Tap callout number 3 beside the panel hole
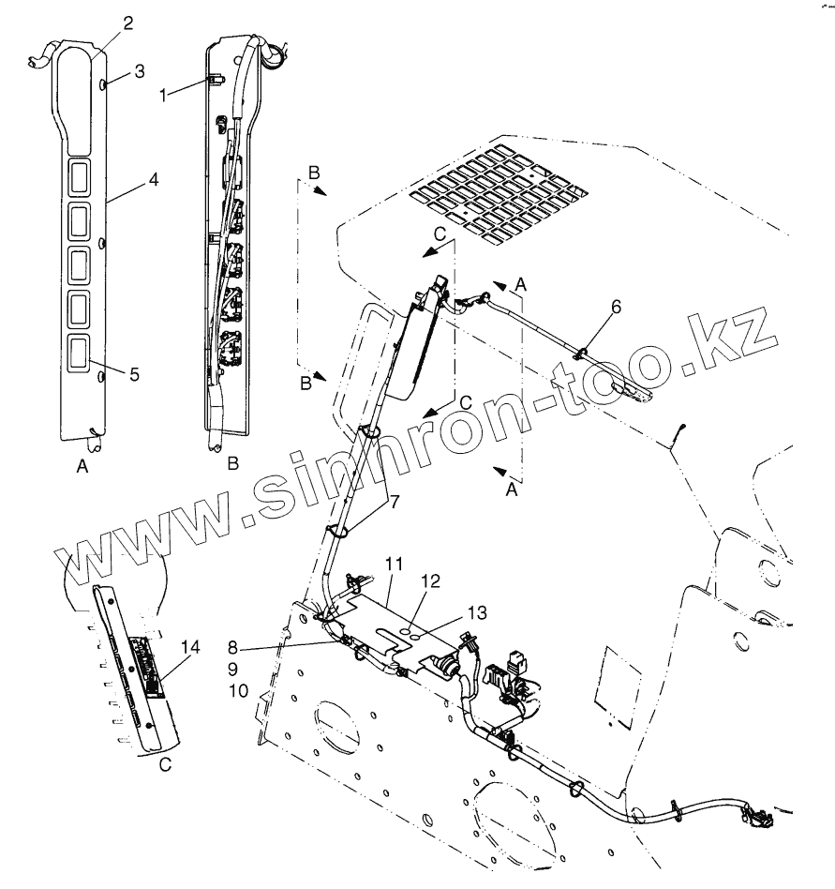coord(139,72)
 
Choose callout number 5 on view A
coord(134,374)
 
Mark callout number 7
coord(395,502)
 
